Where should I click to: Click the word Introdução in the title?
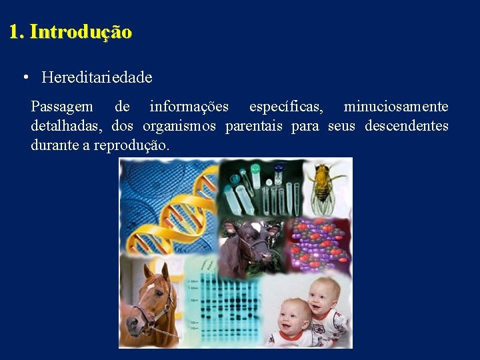pyautogui.click(x=81, y=32)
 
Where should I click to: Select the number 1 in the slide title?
pyautogui.click(x=14, y=32)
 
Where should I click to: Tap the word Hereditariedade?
pyautogui.click(x=97, y=77)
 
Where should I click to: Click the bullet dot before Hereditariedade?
pyautogui.click(x=25, y=77)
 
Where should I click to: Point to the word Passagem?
pyautogui.click(x=62, y=107)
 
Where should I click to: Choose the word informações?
pyautogui.click(x=189, y=107)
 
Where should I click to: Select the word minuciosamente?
pyautogui.click(x=396, y=107)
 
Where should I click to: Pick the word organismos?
pyautogui.click(x=179, y=126)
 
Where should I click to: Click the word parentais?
pyautogui.click(x=254, y=126)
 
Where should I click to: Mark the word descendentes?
pyautogui.click(x=406, y=126)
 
